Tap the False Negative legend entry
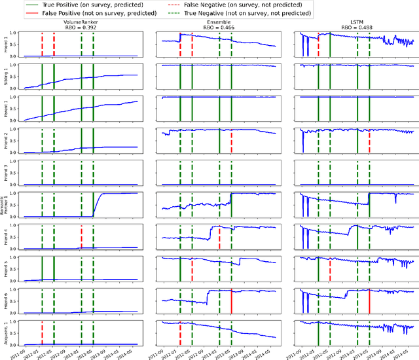pos(258,5)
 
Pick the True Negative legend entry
pos(258,12)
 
